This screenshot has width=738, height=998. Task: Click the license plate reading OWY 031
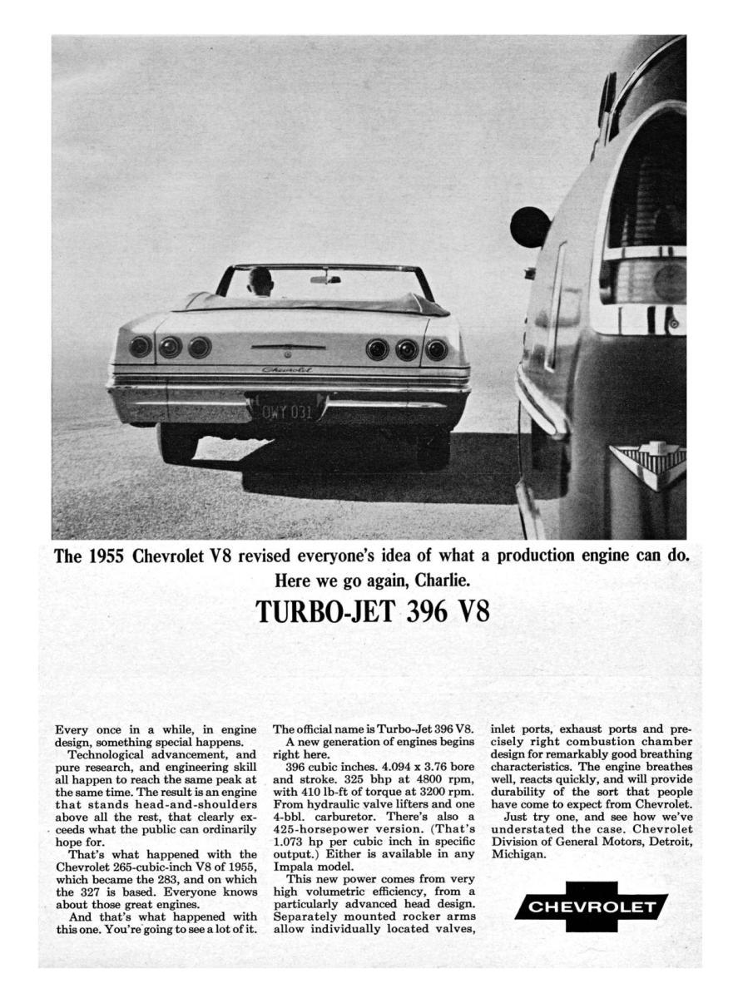pos(288,412)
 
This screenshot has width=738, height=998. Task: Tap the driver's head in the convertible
pos(260,281)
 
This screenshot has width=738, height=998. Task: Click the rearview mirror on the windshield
pos(324,279)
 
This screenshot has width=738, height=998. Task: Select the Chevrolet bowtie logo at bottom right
pos(591,907)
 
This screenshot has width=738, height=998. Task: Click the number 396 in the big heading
pos(427,611)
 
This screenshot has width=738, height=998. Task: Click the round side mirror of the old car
pos(530,227)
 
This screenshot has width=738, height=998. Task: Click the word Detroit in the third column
pos(663,842)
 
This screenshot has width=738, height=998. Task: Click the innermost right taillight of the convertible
pos(378,349)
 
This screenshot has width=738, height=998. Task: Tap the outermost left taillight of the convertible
pos(140,346)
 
